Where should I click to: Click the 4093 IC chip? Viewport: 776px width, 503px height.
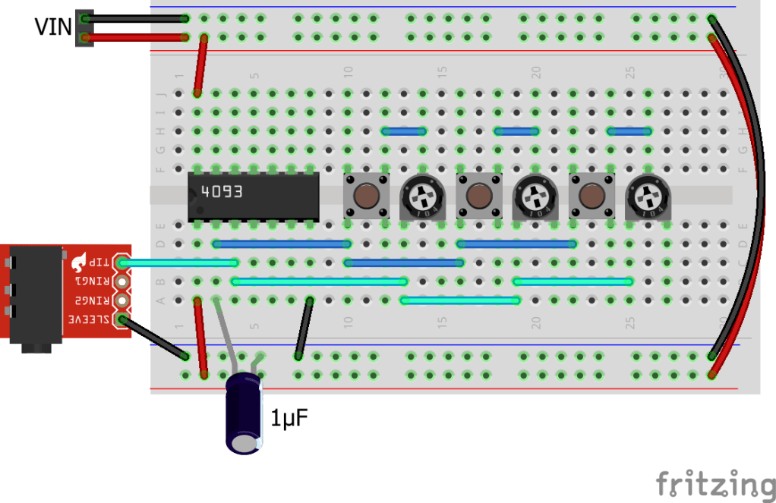(x=253, y=194)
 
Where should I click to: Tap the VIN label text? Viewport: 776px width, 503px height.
(x=52, y=27)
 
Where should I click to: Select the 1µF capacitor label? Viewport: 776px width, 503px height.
(x=289, y=417)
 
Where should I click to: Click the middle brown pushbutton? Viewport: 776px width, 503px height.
(x=478, y=196)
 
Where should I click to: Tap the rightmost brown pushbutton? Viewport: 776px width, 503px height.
(x=591, y=196)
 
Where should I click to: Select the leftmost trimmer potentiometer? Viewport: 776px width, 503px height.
(x=420, y=197)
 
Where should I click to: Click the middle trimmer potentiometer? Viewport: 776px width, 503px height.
(x=534, y=197)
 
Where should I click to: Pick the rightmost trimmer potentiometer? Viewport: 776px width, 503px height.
(x=646, y=197)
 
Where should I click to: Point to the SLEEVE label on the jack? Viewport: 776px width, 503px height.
(x=87, y=319)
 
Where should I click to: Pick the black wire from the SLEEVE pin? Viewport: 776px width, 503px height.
(x=153, y=338)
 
